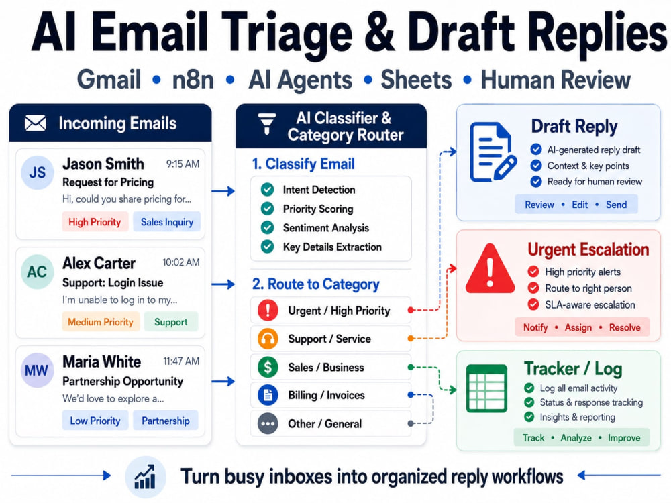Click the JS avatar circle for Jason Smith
[x=37, y=172]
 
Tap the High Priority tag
[x=95, y=222]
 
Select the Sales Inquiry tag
[x=167, y=222]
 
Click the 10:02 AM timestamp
[x=181, y=262]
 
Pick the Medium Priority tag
[x=101, y=322]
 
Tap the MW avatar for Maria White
[x=37, y=370]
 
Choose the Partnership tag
[x=166, y=421]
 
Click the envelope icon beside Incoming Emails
[x=35, y=123]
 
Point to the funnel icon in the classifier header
[x=266, y=124]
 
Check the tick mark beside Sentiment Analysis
[x=268, y=227]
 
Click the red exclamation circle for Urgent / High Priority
[x=268, y=310]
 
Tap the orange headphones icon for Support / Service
[x=268, y=339]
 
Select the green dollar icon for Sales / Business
[x=268, y=367]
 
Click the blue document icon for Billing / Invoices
[x=268, y=395]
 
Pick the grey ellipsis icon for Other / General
[x=268, y=423]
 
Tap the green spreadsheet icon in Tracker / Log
[x=486, y=388]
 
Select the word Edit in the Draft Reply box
[x=580, y=205]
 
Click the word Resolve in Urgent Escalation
[x=625, y=328]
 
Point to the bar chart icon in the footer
[x=146, y=477]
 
